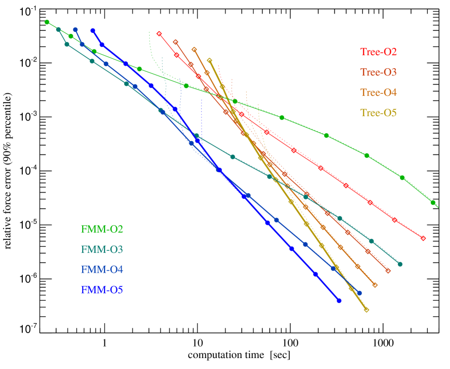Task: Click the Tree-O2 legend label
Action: pyautogui.click(x=378, y=52)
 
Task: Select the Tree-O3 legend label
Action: pyautogui.click(x=378, y=72)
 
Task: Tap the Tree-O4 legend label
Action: pyautogui.click(x=378, y=93)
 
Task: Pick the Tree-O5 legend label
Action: pyautogui.click(x=378, y=113)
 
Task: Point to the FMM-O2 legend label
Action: pyautogui.click(x=102, y=229)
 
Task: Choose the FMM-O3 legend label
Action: pyautogui.click(x=102, y=249)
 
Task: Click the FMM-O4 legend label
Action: pyautogui.click(x=102, y=270)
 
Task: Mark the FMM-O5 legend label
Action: pyautogui.click(x=102, y=290)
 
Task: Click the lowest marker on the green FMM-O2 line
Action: pyautogui.click(x=433, y=202)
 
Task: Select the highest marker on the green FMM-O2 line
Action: pyautogui.click(x=47, y=22)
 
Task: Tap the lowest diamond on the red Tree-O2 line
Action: pyautogui.click(x=423, y=238)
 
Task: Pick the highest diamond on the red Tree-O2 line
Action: pyautogui.click(x=159, y=34)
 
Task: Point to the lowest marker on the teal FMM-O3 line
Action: pyautogui.click(x=400, y=264)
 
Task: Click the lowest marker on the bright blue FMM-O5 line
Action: pyautogui.click(x=339, y=300)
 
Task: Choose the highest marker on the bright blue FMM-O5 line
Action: pyautogui.click(x=93, y=31)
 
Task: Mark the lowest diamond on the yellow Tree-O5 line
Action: pyautogui.click(x=366, y=310)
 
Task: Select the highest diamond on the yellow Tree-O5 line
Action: pyautogui.click(x=209, y=61)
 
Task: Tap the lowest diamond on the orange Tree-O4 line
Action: pyautogui.click(x=375, y=285)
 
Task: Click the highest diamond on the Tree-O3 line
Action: pyautogui.click(x=176, y=42)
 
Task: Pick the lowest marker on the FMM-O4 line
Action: pyautogui.click(x=359, y=292)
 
